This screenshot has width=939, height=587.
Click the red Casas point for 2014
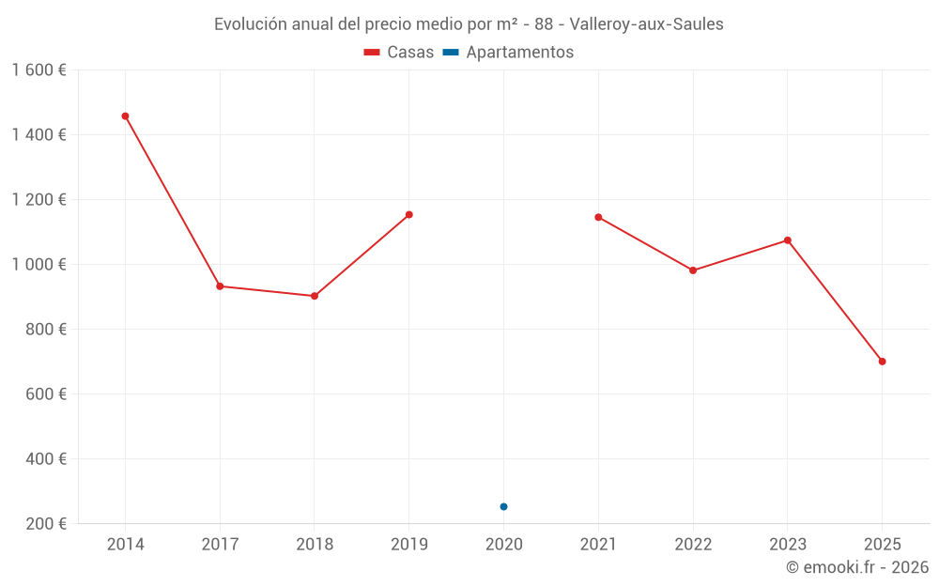125,116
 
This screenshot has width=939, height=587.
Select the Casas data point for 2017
220,286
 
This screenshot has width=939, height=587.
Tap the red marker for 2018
315,296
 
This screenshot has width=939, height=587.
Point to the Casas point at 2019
409,215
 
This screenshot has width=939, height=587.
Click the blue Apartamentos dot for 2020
503,507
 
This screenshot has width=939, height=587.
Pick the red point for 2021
598,218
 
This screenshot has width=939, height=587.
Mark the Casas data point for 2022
693,270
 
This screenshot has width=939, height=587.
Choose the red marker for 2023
788,240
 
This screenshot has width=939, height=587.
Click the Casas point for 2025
882,362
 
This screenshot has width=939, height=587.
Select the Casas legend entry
399,52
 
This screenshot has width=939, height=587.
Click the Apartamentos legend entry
508,52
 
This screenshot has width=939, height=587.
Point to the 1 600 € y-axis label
38,70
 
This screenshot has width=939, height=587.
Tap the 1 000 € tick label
38,264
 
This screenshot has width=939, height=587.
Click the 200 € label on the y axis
46,523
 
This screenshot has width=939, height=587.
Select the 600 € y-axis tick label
46,394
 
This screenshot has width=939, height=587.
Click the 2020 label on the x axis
503,544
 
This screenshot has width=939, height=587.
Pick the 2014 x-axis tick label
125,544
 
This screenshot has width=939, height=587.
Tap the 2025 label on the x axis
882,544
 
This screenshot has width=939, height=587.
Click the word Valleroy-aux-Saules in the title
646,24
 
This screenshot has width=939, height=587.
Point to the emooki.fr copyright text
857,567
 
